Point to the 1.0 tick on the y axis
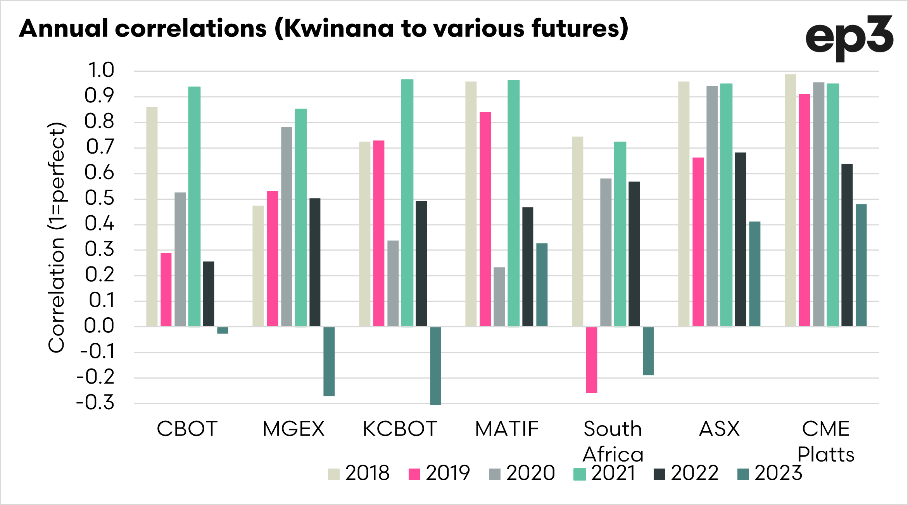pyautogui.click(x=101, y=70)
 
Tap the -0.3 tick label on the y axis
pyautogui.click(x=95, y=403)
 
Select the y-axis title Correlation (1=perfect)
pyautogui.click(x=57, y=237)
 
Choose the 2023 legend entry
pyautogui.click(x=770, y=473)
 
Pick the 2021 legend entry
pyautogui.click(x=605, y=473)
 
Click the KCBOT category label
pyautogui.click(x=400, y=429)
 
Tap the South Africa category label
pyautogui.click(x=613, y=441)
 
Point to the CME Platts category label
pyautogui.click(x=826, y=441)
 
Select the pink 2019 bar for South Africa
pyautogui.click(x=592, y=360)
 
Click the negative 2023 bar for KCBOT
pyautogui.click(x=435, y=366)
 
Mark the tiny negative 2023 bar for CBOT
pyautogui.click(x=223, y=330)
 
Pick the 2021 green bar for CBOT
pyautogui.click(x=194, y=206)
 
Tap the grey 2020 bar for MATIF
pyautogui.click(x=499, y=297)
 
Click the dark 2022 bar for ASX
pyautogui.click(x=740, y=239)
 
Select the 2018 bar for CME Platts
pyautogui.click(x=791, y=200)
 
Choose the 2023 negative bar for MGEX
pyautogui.click(x=329, y=361)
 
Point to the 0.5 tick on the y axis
pyautogui.click(x=100, y=199)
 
